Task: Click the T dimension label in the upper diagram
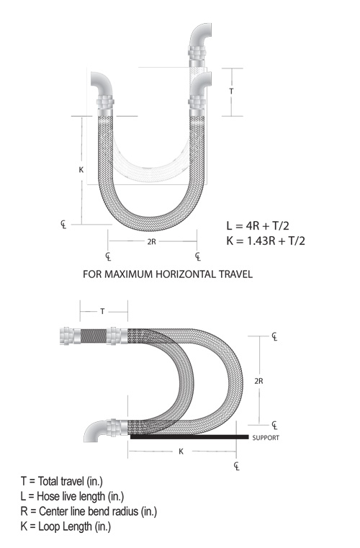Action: (231, 91)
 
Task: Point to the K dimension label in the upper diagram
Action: (81, 170)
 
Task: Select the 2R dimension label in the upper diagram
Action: (151, 242)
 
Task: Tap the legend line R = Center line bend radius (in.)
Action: (89, 511)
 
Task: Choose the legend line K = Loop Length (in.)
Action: (66, 526)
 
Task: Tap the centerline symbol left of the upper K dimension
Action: (63, 225)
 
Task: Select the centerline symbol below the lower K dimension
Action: (237, 466)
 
